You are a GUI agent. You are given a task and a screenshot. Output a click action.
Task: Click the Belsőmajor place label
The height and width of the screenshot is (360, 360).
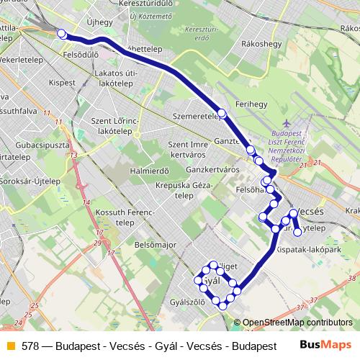(x=156, y=245)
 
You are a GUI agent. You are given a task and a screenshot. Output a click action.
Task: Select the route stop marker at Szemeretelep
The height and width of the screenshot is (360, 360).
(x=222, y=114)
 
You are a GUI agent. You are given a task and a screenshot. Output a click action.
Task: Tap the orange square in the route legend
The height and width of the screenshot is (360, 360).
(x=9, y=345)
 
